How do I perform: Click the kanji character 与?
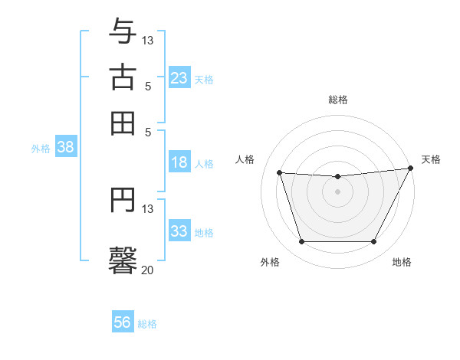(123, 32)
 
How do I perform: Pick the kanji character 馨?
(123, 259)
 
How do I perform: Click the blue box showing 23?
(179, 78)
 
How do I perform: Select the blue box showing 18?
(179, 162)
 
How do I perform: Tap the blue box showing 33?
(179, 231)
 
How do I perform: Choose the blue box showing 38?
(65, 148)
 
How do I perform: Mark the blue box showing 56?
(123, 322)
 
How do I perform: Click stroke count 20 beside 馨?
(147, 270)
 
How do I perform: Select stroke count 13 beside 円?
(148, 208)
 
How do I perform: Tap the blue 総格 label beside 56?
(147, 324)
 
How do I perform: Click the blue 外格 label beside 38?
(41, 149)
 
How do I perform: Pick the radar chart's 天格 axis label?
(431, 159)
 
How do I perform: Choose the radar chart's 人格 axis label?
(245, 159)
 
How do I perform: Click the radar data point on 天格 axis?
(410, 168)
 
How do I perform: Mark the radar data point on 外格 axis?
(301, 242)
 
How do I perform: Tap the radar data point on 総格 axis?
(337, 177)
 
